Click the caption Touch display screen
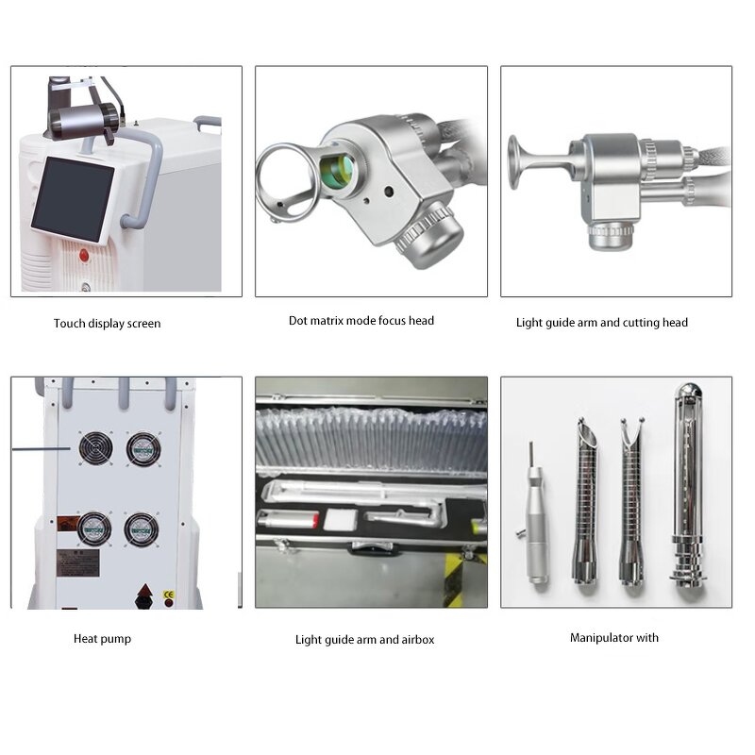(107, 324)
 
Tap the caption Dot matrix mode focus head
(361, 321)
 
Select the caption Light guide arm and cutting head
(601, 323)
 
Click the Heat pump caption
(102, 639)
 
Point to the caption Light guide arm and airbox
(364, 640)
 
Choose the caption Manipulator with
(613, 638)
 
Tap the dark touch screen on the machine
(72, 198)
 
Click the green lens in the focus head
(335, 171)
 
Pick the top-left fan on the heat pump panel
(95, 448)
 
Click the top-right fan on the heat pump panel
(143, 448)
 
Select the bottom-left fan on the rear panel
(94, 528)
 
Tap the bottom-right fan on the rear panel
(142, 528)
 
